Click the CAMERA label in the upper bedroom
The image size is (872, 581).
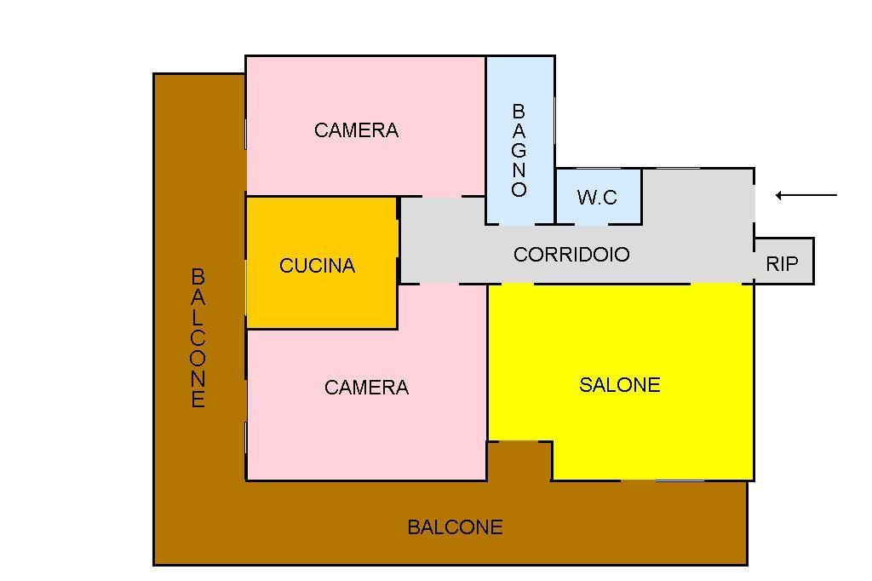point(356,130)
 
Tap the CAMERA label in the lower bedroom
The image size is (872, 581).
point(366,388)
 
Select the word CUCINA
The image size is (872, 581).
point(317,266)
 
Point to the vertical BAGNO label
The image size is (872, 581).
point(519,150)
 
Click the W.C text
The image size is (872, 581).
point(597,197)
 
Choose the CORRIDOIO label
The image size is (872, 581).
point(571,255)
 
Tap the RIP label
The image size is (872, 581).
point(782,263)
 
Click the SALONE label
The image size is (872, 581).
point(620,385)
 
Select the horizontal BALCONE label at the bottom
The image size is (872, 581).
point(455,527)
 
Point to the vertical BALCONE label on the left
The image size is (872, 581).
point(198,338)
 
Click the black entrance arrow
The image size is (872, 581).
point(806,195)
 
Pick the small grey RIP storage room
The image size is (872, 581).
point(784,261)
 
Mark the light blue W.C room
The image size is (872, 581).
point(599,197)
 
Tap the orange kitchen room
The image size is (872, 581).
point(322,262)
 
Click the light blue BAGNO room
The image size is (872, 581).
point(520,141)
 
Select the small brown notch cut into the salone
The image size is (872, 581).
point(519,461)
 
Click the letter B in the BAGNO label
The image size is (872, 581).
point(519,112)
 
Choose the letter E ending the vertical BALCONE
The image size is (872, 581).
point(198,400)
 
